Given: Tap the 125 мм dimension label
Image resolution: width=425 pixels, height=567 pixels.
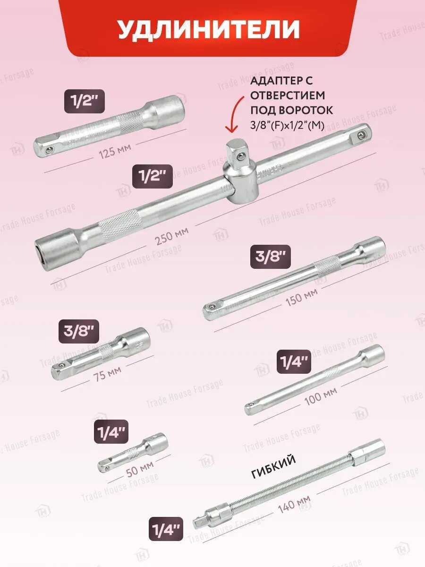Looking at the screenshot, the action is point(115,151).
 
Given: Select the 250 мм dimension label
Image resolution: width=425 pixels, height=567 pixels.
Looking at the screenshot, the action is point(171,236).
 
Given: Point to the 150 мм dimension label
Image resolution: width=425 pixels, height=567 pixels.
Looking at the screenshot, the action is point(302,297).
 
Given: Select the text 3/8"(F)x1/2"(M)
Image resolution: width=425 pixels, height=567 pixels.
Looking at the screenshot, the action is point(287,127).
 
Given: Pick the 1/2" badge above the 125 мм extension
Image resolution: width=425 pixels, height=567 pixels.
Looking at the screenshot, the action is point(85,102).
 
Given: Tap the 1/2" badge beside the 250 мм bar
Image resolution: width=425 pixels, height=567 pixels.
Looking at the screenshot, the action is point(153,176).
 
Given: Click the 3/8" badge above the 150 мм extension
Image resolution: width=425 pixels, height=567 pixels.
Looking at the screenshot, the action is point(271,257).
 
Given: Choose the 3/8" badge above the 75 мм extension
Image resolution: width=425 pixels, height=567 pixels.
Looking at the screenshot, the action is point(79,332).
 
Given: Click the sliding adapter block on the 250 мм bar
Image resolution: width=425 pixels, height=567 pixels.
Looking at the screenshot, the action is point(238,173).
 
